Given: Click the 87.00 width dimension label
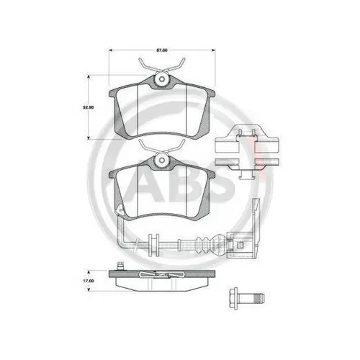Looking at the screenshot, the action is coord(162,50).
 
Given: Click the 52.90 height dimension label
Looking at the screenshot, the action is coord(89,107).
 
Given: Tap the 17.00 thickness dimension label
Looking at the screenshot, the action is coord(89,281).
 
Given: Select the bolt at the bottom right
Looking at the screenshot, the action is coord(246,298).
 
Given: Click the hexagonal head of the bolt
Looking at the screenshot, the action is coord(233,298).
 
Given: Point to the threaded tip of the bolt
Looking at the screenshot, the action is coord(260,298).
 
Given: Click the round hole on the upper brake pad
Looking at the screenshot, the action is coord(162,79).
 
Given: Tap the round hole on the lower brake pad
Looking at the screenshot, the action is coord(162,161).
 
